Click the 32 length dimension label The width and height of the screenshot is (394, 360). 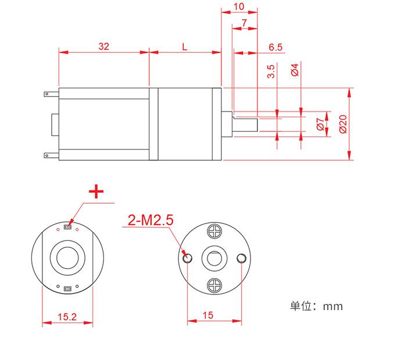point(104,46)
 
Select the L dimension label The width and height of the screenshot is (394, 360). point(185,46)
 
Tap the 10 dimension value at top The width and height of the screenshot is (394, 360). point(239,6)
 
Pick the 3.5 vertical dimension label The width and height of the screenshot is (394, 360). point(271,71)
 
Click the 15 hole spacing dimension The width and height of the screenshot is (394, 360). point(209,315)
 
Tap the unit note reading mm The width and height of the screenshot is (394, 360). point(317,305)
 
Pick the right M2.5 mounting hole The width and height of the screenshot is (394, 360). point(242,258)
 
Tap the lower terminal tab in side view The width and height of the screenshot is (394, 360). point(49,155)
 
